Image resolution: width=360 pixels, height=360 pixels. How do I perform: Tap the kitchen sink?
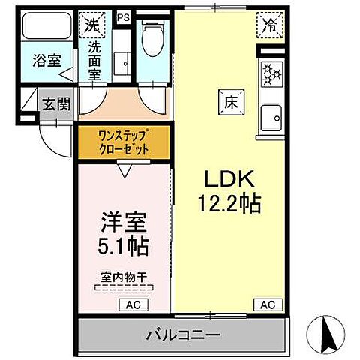coord(270,116)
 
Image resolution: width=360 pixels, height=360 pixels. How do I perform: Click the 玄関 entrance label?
coord(56,104)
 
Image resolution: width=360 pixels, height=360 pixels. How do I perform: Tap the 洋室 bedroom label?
coord(124,222)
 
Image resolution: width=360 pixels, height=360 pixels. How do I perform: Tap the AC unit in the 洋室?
coord(131,304)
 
